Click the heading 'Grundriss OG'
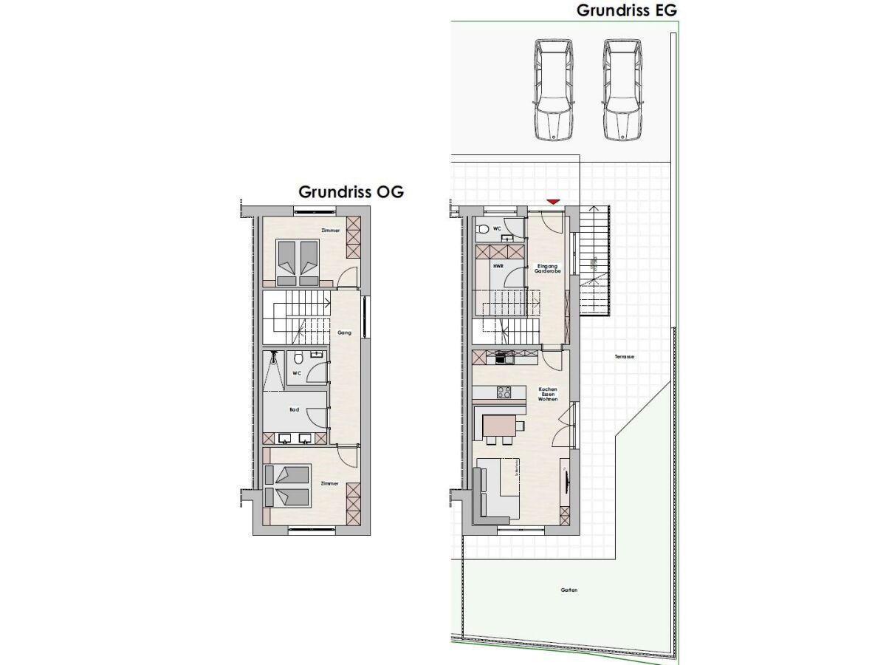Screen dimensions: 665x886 point(351,191)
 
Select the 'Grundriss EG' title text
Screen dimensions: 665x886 point(626,10)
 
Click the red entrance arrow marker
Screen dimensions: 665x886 point(552,201)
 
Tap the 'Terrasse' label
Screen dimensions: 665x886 point(625,357)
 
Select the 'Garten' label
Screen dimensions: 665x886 point(569,590)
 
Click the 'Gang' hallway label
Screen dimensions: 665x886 point(343,333)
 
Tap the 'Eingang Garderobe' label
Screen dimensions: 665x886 point(548,268)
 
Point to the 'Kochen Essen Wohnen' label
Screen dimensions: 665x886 point(548,394)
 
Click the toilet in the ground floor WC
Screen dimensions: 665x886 point(484,229)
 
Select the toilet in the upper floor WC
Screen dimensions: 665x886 point(298,359)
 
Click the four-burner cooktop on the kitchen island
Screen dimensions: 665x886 point(505,392)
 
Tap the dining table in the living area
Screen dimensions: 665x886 point(499,426)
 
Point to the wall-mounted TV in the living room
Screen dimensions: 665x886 point(566,481)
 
